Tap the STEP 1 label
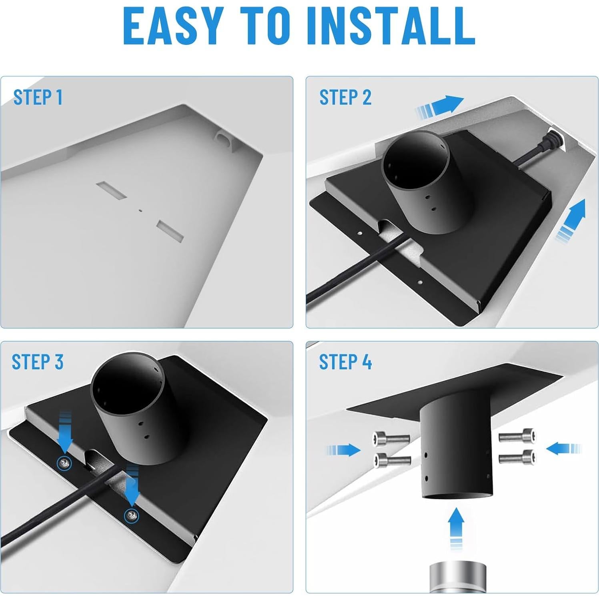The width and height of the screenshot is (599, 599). click(38, 97)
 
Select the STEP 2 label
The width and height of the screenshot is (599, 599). click(345, 97)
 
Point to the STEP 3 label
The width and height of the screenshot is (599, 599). click(37, 362)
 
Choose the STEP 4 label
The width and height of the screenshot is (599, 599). click(345, 362)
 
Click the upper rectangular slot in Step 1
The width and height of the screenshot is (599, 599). click(112, 190)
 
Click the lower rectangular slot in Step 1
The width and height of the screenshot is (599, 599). click(170, 230)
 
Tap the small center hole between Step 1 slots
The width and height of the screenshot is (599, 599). click(140, 210)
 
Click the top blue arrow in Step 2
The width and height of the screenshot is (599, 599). click(440, 106)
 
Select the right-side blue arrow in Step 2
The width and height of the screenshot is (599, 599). click(571, 221)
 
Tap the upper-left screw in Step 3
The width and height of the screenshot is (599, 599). click(64, 463)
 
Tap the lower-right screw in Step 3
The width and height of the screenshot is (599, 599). click(131, 516)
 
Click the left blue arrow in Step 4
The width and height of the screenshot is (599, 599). click(343, 450)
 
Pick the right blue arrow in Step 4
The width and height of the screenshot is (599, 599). click(563, 448)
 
